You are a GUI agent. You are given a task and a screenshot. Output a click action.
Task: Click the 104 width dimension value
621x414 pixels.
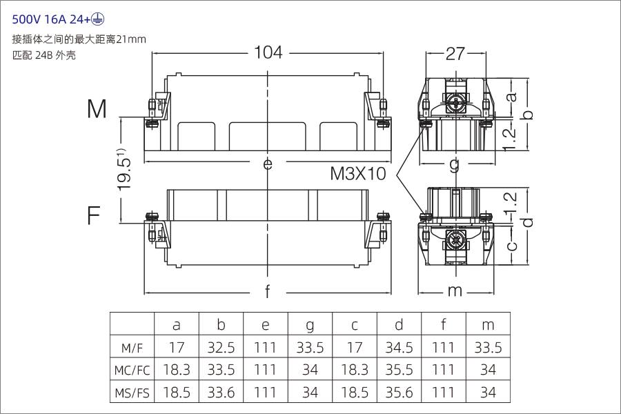click(268, 52)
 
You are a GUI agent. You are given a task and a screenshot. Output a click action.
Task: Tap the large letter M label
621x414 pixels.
click(97, 109)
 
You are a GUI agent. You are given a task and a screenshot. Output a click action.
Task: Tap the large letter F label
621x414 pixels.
click(94, 216)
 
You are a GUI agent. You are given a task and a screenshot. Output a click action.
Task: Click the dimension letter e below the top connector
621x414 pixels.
click(268, 164)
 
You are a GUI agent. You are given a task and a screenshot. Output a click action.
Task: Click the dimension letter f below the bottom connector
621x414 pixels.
click(268, 292)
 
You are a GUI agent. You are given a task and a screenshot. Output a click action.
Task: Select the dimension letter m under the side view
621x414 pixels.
click(454, 291)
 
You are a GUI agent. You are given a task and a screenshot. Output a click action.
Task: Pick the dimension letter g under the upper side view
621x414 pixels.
click(454, 164)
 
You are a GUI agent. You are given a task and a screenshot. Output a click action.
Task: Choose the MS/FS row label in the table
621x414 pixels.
click(132, 393)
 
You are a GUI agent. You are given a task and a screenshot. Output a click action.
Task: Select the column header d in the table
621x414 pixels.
click(399, 325)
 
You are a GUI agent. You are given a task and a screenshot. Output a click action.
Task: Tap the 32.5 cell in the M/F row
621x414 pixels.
click(221, 348)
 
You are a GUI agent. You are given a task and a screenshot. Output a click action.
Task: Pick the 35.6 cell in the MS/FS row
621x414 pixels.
click(399, 393)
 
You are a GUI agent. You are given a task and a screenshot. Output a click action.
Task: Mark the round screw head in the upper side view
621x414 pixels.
click(455, 104)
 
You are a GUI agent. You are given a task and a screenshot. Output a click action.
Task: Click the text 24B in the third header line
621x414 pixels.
click(46, 55)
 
